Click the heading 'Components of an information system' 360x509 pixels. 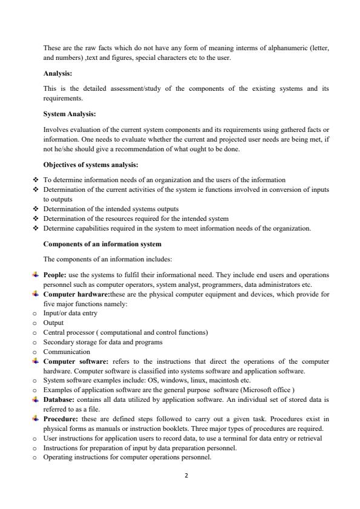click(102, 244)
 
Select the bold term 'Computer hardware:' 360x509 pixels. click(76, 294)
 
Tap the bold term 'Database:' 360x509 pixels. click(60, 399)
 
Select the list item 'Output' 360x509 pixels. click(53, 323)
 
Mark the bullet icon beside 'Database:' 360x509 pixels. click(36, 399)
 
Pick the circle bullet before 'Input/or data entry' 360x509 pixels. click(36, 314)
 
